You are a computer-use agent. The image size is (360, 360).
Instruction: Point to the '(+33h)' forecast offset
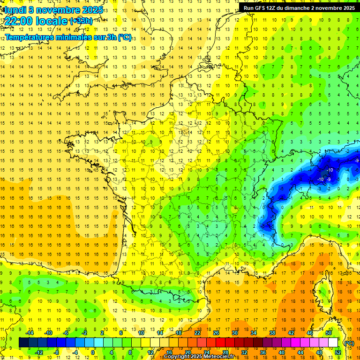click(x=81, y=21)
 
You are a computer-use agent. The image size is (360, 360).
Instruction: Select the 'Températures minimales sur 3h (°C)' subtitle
click(x=68, y=37)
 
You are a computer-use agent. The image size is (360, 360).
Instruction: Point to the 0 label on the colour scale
click(x=93, y=352)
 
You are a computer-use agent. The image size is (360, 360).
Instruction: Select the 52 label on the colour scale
click(x=338, y=352)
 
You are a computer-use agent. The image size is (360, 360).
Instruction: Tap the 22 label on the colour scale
click(x=197, y=333)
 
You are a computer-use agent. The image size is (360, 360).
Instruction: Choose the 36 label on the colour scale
click(x=262, y=352)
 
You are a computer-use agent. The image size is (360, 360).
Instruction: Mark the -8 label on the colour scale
click(x=56, y=352)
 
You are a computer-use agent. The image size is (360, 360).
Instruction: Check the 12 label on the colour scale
click(x=150, y=352)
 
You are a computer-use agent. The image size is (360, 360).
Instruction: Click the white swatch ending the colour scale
click(x=333, y=343)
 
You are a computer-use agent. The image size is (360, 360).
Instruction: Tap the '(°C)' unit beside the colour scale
click(x=349, y=343)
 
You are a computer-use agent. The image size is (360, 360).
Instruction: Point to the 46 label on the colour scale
click(x=310, y=333)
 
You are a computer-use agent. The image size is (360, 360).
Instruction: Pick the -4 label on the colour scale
click(x=75, y=352)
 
